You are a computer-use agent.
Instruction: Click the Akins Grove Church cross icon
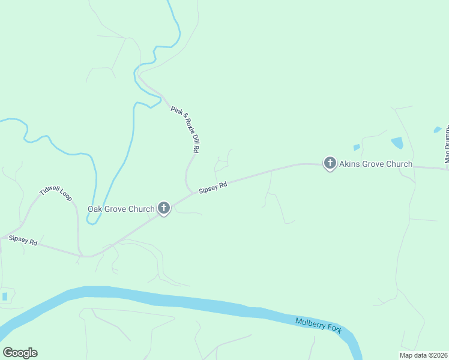pos(330,163)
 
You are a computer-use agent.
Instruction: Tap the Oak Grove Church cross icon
pos(163,208)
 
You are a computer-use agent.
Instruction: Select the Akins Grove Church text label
pos(376,164)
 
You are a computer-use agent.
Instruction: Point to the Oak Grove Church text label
pos(121,209)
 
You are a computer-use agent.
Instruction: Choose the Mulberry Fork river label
pos(318,325)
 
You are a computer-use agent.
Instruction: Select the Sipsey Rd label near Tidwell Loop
pos(23,240)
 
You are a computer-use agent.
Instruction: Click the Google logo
pos(20,353)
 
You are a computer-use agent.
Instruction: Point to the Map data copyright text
pos(423,355)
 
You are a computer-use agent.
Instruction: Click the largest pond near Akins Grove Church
pos(397,143)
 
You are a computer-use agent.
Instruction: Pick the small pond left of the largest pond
pos(357,147)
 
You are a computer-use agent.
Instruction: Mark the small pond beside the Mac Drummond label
pos(437,130)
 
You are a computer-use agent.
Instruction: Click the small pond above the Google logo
pos(5,296)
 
